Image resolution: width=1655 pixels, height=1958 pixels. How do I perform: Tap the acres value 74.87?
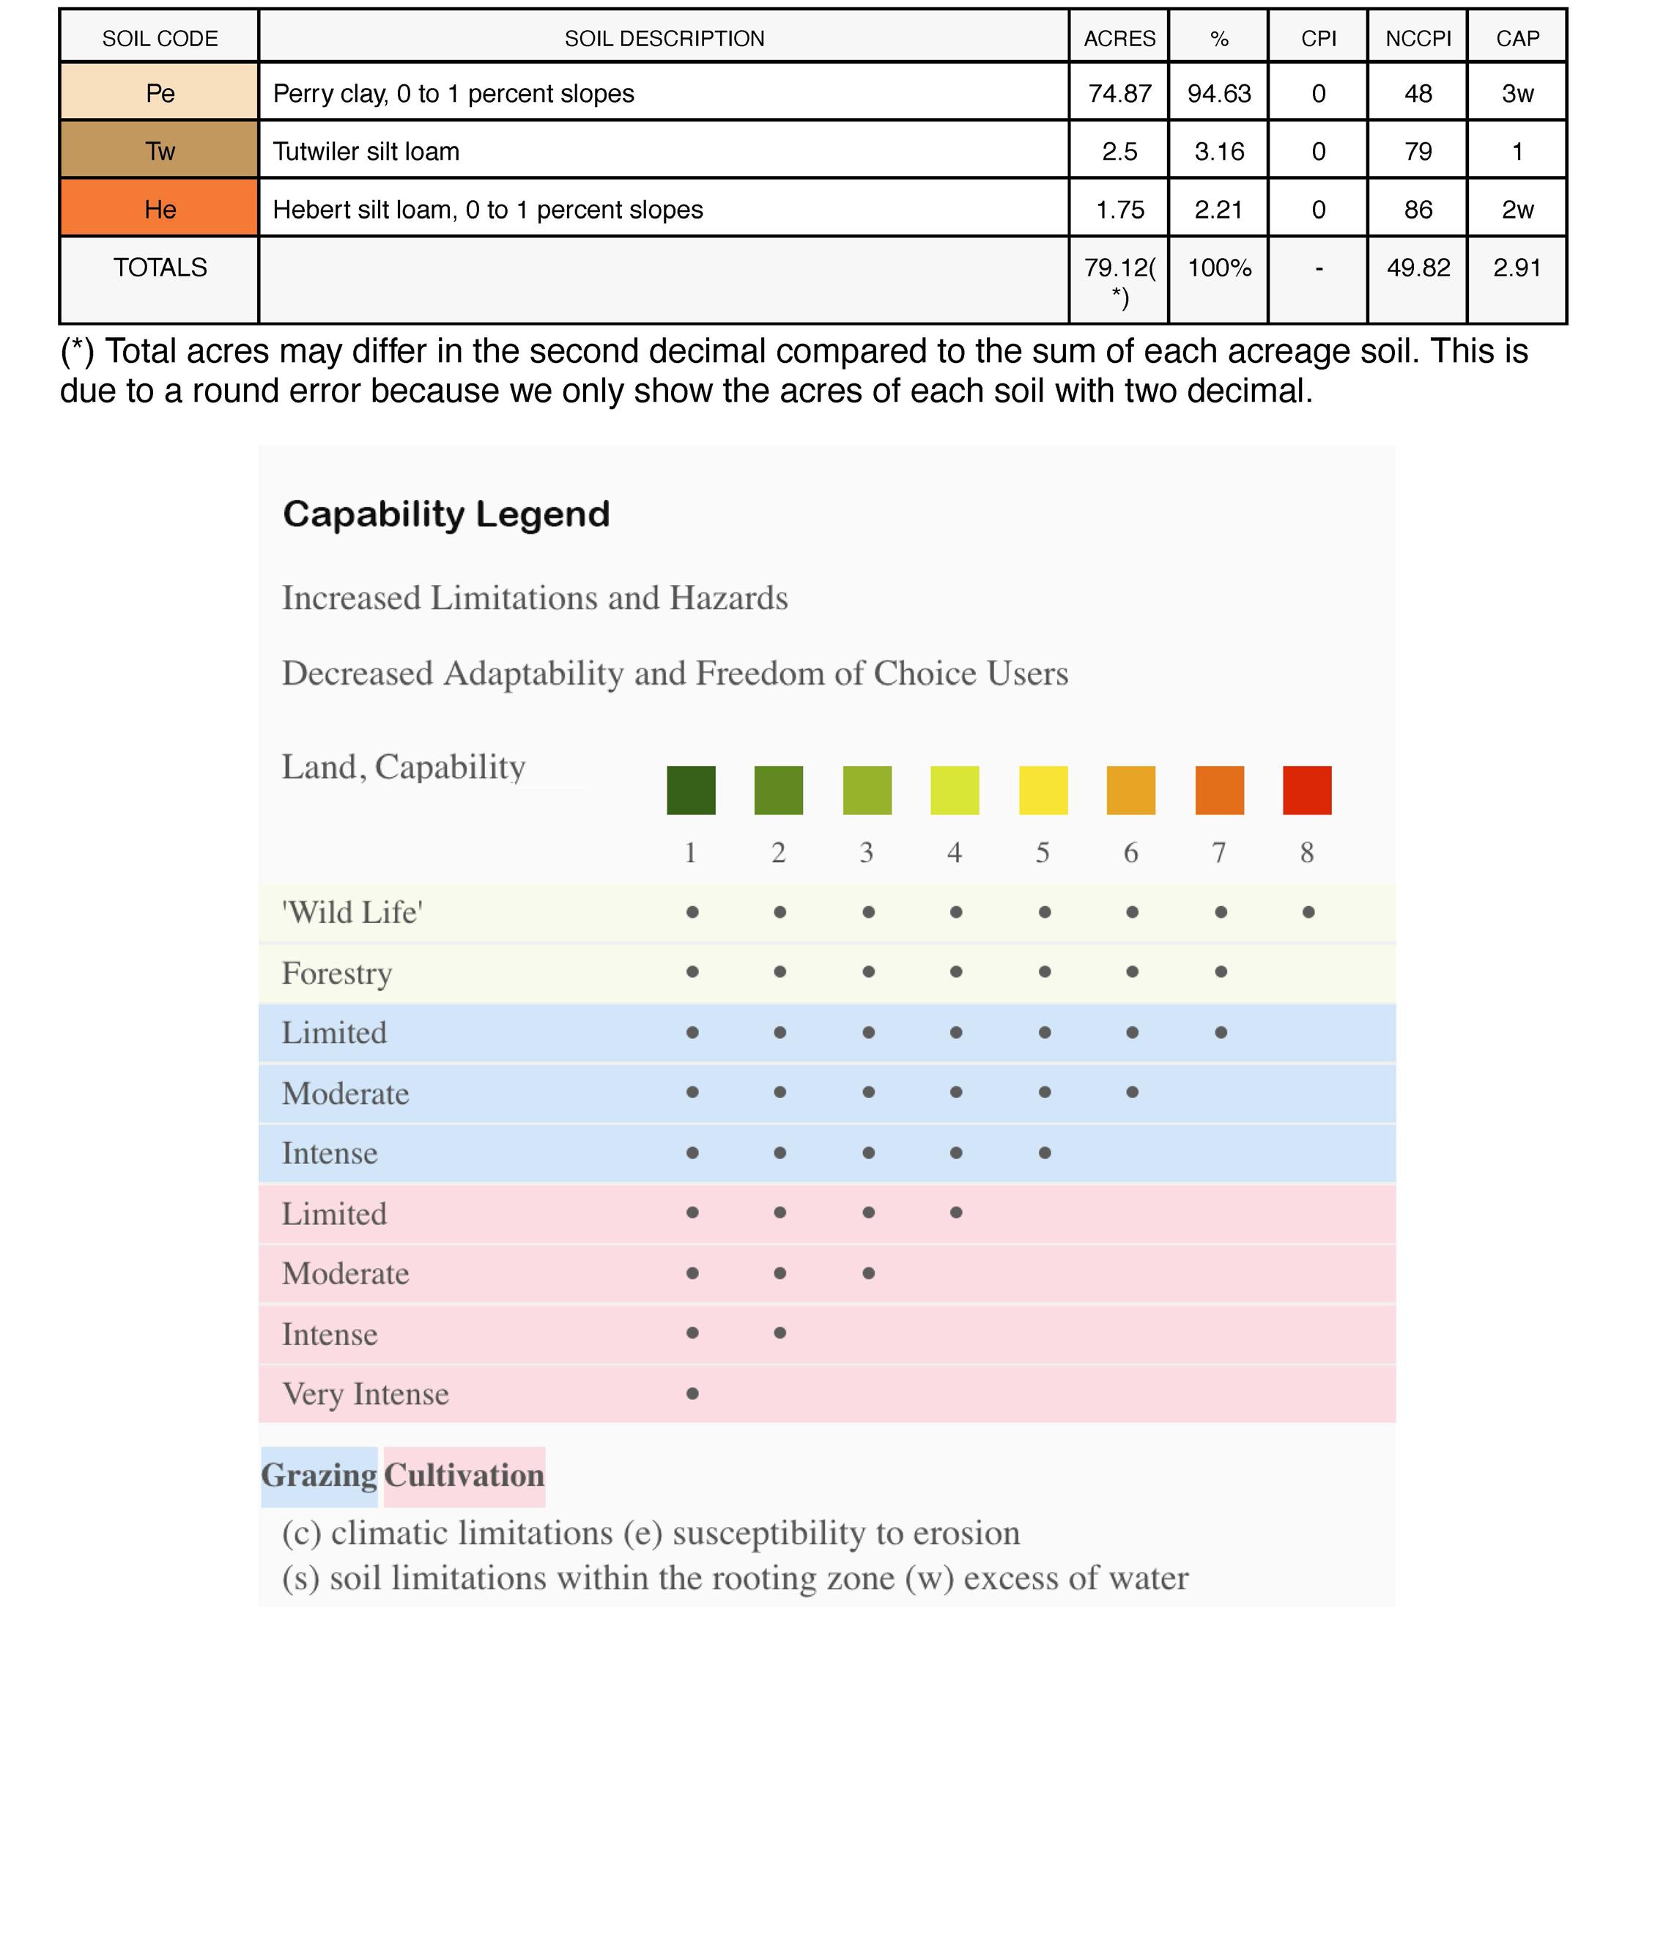pyautogui.click(x=1119, y=93)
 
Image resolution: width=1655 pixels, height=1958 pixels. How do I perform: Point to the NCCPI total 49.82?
pyautogui.click(x=1418, y=268)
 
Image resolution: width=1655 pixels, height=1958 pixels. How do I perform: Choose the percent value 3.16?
pyautogui.click(x=1219, y=151)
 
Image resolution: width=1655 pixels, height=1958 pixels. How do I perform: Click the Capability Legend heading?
pyautogui.click(x=447, y=515)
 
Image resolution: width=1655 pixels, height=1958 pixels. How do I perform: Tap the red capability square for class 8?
pyautogui.click(x=1307, y=790)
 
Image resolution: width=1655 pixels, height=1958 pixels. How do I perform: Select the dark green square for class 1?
pyautogui.click(x=691, y=790)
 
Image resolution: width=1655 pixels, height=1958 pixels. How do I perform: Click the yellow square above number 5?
pyautogui.click(x=1043, y=790)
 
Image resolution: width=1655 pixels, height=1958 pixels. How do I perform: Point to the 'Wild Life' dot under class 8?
pyautogui.click(x=1308, y=911)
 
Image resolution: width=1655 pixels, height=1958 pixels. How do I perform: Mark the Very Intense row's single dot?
pyautogui.click(x=692, y=1393)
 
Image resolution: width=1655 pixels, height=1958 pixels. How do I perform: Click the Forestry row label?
pyautogui.click(x=337, y=973)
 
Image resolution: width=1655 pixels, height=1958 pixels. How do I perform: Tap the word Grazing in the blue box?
pyautogui.click(x=319, y=1476)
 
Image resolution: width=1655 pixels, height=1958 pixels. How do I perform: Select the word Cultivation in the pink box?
pyautogui.click(x=464, y=1476)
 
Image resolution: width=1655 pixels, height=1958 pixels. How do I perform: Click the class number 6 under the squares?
pyautogui.click(x=1130, y=853)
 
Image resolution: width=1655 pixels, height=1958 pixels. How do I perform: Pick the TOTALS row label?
pyautogui.click(x=160, y=268)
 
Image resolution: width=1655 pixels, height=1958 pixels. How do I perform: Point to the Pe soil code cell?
pyautogui.click(x=160, y=93)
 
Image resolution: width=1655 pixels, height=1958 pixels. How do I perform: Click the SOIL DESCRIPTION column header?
pyautogui.click(x=664, y=38)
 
